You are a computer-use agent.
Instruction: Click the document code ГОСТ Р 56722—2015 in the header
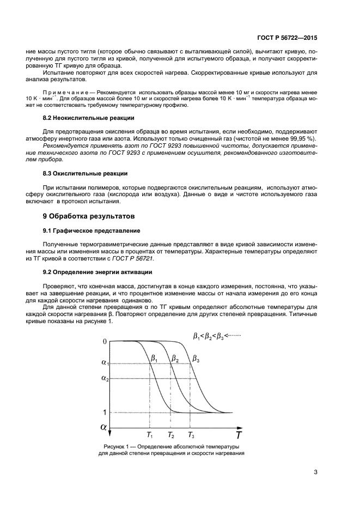pos(286,38)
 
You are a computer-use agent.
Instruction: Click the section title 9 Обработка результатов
pos(84,216)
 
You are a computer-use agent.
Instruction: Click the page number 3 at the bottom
pos(315,472)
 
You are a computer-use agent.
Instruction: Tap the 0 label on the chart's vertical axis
pos(104,342)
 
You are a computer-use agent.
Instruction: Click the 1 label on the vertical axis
pos(105,412)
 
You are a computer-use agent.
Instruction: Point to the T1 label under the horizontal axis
pos(150,435)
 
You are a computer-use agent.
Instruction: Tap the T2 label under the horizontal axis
pos(171,435)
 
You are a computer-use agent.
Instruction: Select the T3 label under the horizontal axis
pos(191,435)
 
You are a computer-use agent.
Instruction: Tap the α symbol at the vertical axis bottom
pos(103,427)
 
